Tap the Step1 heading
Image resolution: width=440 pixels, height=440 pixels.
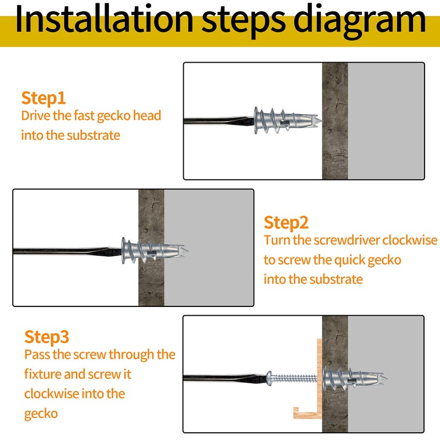point(43,98)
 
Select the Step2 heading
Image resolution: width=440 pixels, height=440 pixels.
point(286,223)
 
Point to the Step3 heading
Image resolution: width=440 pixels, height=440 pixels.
point(47,337)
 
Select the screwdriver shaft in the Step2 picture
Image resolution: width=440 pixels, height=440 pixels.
point(66,251)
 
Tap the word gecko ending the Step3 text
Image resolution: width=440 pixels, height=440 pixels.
point(41,414)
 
